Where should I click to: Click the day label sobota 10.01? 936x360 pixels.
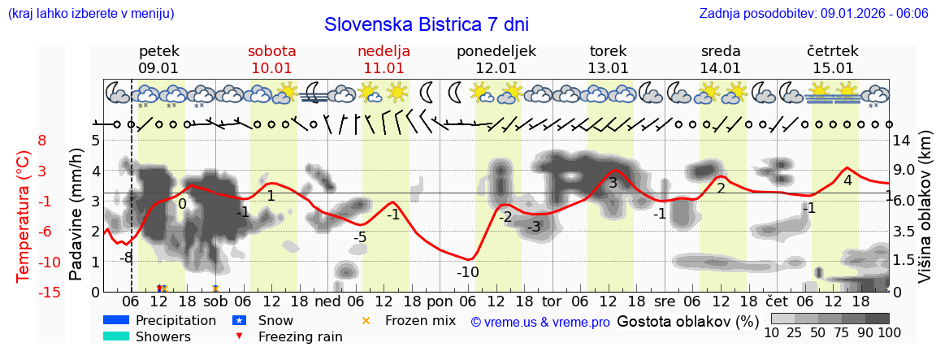pos(271,59)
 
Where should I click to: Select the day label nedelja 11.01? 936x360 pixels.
pos(383,59)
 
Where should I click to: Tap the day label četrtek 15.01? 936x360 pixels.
pos(833,59)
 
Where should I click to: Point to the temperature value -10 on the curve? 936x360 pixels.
pos(467,271)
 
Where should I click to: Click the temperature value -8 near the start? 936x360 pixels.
pos(126,258)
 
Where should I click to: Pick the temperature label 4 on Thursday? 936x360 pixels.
pos(847,180)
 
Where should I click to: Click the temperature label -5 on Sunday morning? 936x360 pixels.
pos(359,237)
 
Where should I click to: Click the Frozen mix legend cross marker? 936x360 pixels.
pos(366,320)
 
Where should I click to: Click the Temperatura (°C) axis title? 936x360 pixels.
pos(24,215)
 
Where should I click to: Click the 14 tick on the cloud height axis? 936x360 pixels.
pos(902,141)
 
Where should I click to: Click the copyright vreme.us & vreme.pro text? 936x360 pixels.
pos(540,322)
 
